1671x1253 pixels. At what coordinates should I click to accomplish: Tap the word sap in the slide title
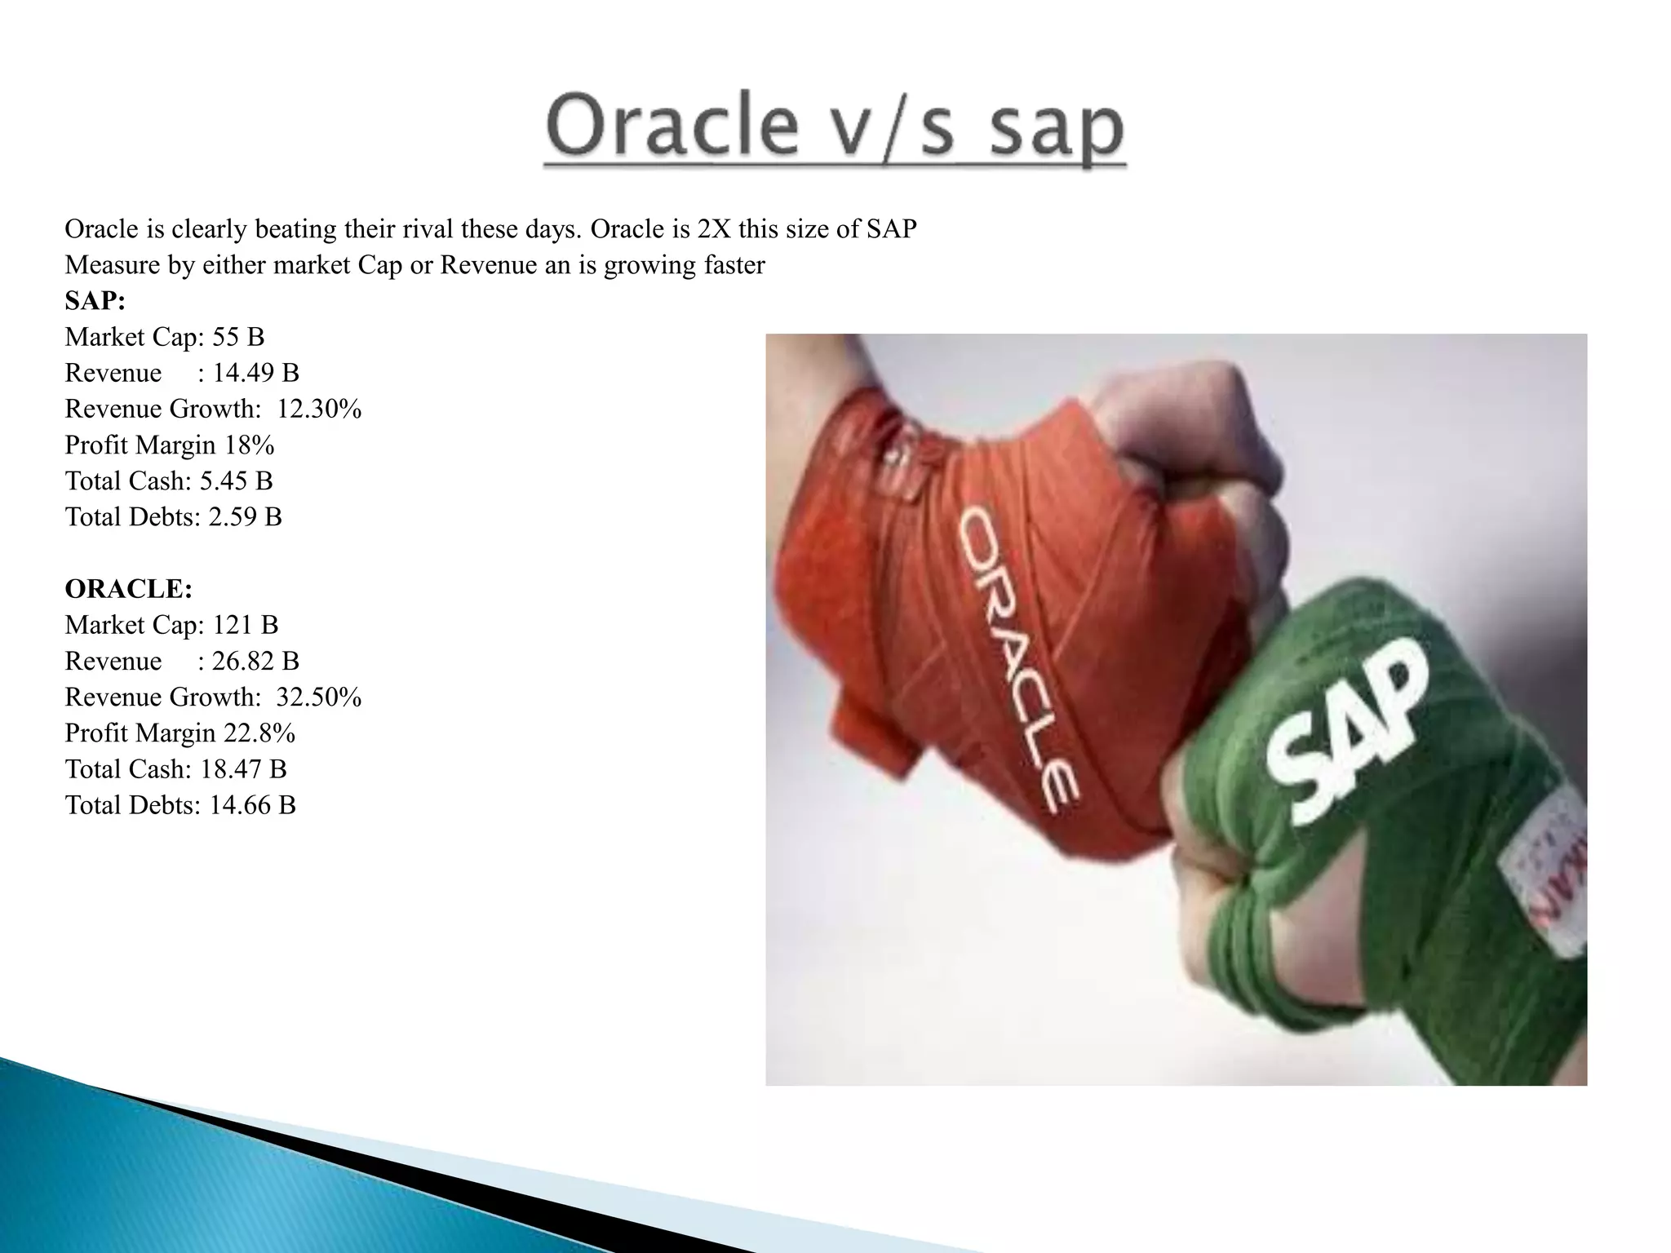point(1057,131)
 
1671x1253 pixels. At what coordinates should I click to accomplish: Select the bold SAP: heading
point(95,301)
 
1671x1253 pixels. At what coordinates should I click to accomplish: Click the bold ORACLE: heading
point(128,589)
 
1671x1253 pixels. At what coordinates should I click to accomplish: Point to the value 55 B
point(238,337)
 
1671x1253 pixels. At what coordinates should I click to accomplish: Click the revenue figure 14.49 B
point(256,373)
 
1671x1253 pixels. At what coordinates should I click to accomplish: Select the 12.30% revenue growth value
point(319,409)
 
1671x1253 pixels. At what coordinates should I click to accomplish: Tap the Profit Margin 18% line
point(169,445)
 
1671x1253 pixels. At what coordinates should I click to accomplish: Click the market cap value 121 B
point(245,626)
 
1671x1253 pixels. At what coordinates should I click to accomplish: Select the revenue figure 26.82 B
point(255,662)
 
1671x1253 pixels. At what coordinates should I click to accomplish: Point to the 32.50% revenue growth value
point(319,697)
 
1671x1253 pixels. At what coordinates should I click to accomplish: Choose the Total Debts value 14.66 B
point(252,805)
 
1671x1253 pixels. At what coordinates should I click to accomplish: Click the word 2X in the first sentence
point(714,229)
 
